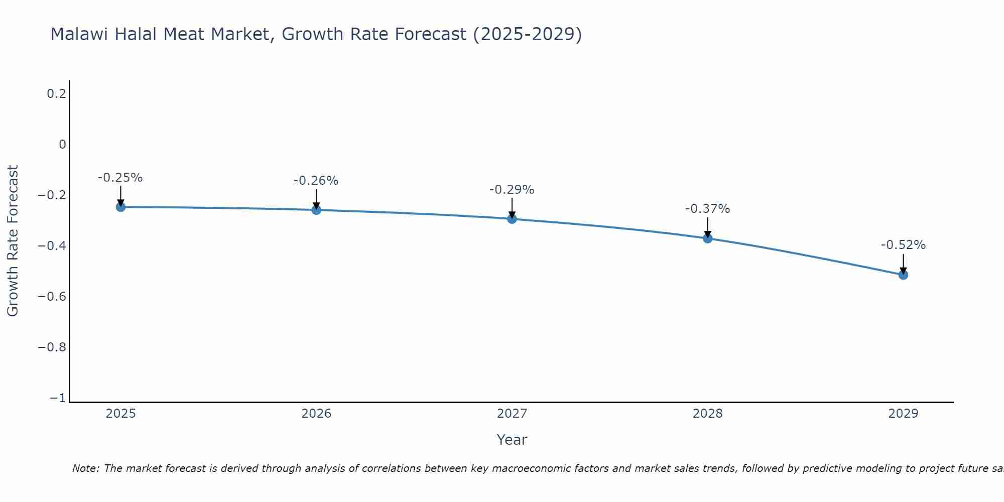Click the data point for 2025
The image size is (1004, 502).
point(120,207)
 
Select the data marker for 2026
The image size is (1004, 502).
point(316,210)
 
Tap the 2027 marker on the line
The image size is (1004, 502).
point(512,219)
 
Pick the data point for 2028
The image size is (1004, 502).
point(708,238)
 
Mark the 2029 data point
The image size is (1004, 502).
point(903,275)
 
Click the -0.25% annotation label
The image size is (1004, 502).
point(120,178)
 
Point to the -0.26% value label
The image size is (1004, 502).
point(316,181)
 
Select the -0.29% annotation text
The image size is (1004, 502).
point(512,190)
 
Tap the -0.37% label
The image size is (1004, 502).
point(708,209)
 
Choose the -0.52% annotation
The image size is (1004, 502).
point(903,245)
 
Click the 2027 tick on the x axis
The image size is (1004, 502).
point(512,414)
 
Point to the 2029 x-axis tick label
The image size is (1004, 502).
point(903,414)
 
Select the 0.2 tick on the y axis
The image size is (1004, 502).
point(57,94)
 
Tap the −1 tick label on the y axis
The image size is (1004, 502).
point(58,398)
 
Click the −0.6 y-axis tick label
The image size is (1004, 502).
point(52,297)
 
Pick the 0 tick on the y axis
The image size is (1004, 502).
point(63,145)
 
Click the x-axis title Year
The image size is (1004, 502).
point(512,440)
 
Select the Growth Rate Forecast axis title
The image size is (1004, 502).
point(13,241)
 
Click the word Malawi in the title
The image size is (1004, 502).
point(80,35)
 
